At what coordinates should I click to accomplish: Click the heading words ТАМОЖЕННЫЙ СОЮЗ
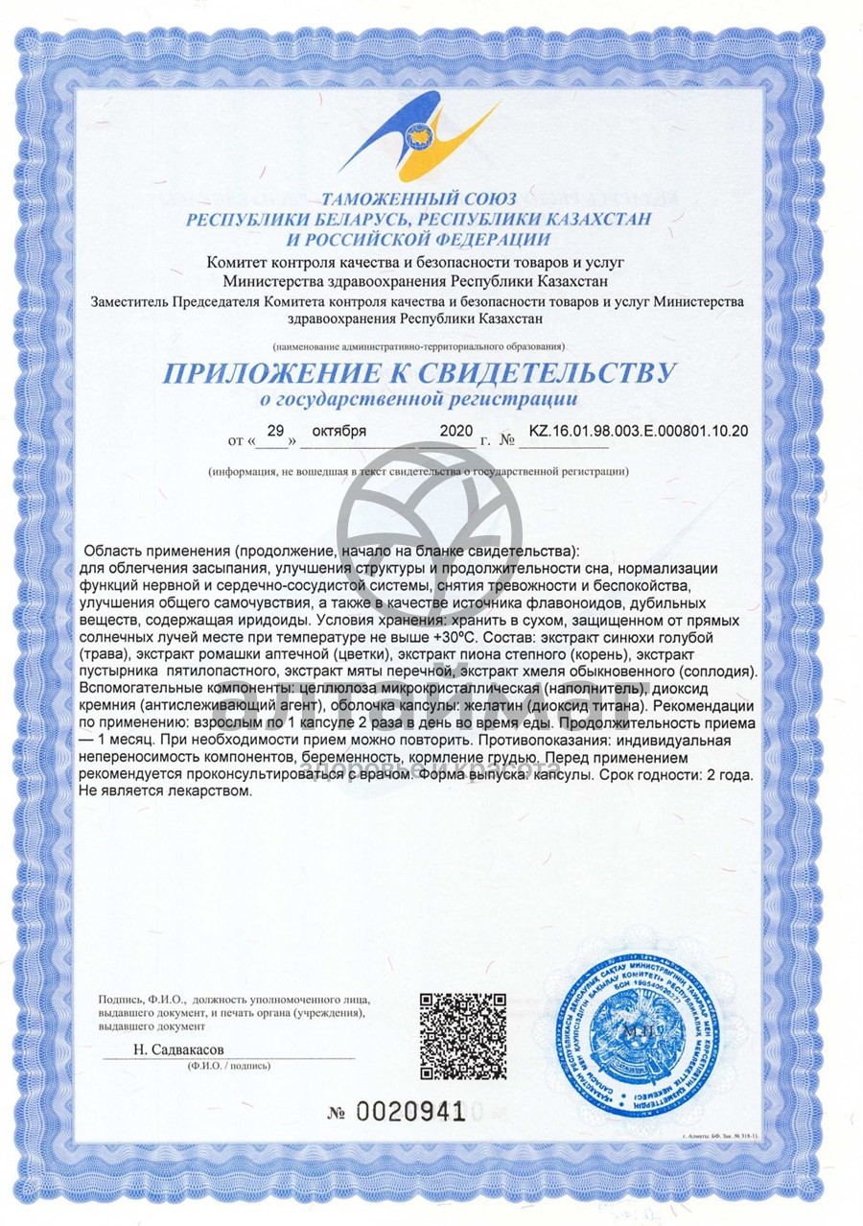click(419, 200)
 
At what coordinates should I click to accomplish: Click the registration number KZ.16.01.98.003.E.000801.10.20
click(638, 432)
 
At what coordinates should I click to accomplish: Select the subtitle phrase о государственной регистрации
click(420, 397)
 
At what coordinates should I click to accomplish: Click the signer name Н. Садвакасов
click(179, 1050)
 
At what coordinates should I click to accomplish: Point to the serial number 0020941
click(410, 1113)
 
